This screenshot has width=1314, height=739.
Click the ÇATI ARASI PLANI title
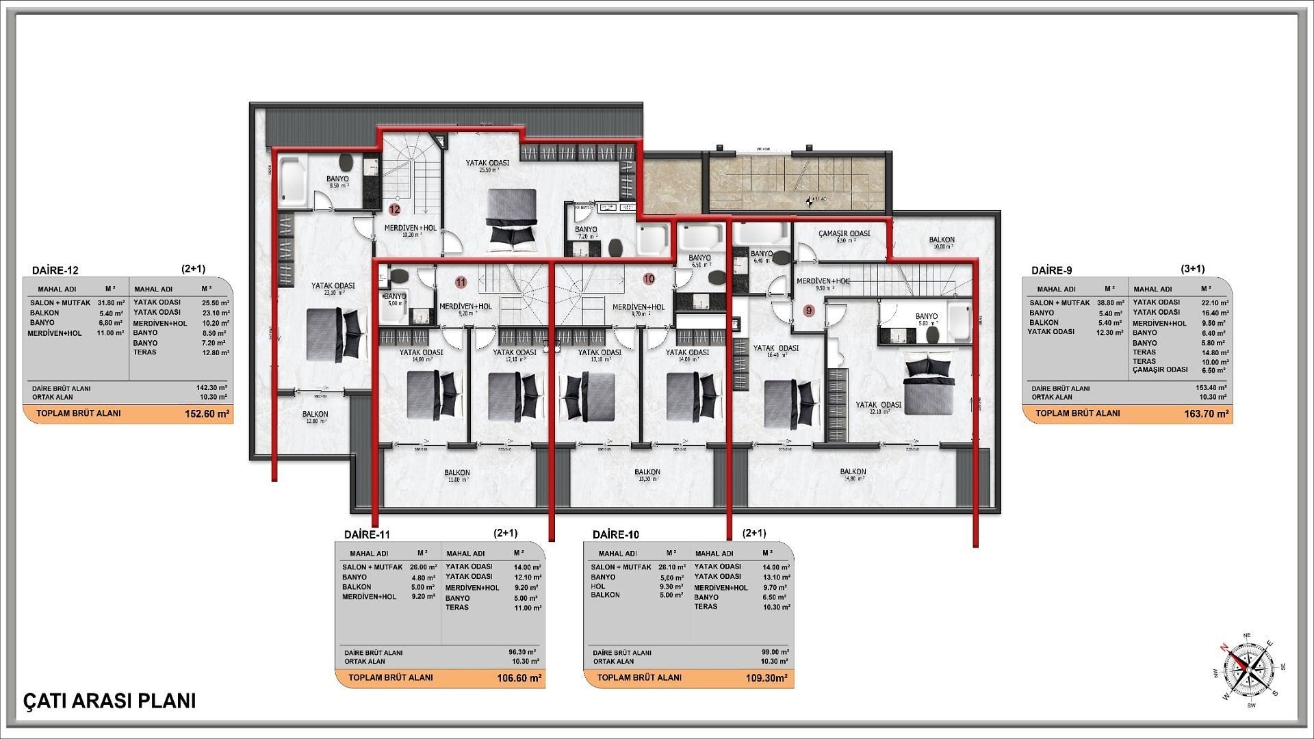pyautogui.click(x=109, y=701)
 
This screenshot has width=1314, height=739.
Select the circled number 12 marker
pyautogui.click(x=394, y=210)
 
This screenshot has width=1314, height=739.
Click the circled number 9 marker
pyautogui.click(x=809, y=311)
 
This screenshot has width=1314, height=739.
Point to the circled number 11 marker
pyautogui.click(x=461, y=282)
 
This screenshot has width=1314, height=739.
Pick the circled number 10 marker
pyautogui.click(x=649, y=278)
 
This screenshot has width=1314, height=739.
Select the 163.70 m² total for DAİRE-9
pyautogui.click(x=1206, y=414)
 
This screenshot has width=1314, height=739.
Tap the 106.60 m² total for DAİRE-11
pyautogui.click(x=519, y=679)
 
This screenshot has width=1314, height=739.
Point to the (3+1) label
pyautogui.click(x=1193, y=269)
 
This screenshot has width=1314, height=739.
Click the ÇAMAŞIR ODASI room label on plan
pyautogui.click(x=844, y=234)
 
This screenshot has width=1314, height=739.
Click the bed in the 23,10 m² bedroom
pyautogui.click(x=331, y=333)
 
